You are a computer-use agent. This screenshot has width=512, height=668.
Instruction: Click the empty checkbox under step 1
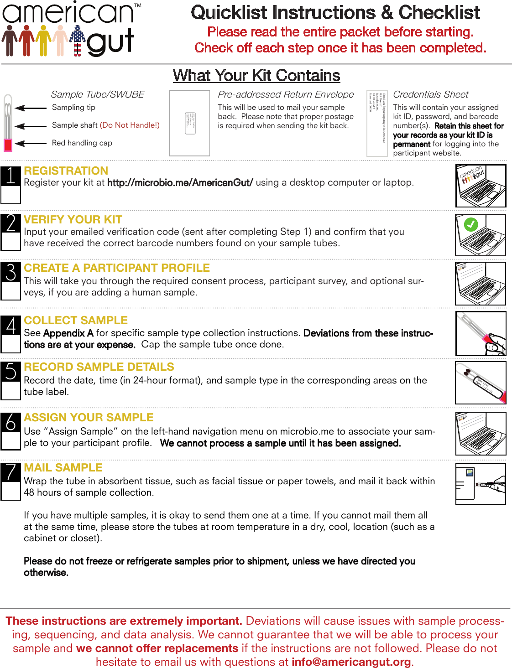click(x=10, y=195)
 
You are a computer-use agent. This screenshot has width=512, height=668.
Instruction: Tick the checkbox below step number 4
click(x=10, y=344)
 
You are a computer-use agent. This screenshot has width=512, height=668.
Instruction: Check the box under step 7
click(x=10, y=491)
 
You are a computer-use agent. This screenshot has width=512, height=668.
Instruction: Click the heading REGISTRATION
click(x=66, y=171)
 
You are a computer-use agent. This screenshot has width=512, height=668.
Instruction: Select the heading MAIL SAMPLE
click(x=63, y=468)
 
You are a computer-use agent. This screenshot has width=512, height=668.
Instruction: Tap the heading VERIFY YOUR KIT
click(x=73, y=220)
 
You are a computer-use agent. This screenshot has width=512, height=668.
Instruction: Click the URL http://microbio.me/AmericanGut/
click(x=180, y=183)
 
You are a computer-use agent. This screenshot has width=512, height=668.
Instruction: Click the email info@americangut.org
click(x=351, y=662)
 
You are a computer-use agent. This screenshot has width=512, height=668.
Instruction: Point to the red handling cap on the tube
click(x=8, y=145)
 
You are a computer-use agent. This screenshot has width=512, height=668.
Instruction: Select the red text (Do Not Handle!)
click(x=130, y=125)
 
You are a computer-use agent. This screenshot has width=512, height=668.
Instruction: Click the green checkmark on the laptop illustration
click(x=470, y=224)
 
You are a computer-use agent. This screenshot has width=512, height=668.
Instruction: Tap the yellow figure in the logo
click(x=43, y=40)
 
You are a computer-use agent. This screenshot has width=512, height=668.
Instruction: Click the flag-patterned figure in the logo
click(x=78, y=40)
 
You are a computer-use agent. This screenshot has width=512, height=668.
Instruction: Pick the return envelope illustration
click(x=189, y=123)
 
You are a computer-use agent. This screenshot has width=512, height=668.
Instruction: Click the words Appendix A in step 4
click(x=68, y=333)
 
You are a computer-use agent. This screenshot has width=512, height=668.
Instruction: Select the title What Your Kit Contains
click(x=256, y=76)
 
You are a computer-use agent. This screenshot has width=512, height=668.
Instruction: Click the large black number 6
click(x=11, y=423)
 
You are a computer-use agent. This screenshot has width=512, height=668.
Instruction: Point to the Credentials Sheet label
click(x=430, y=94)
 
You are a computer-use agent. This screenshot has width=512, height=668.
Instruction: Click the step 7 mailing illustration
click(x=481, y=484)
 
